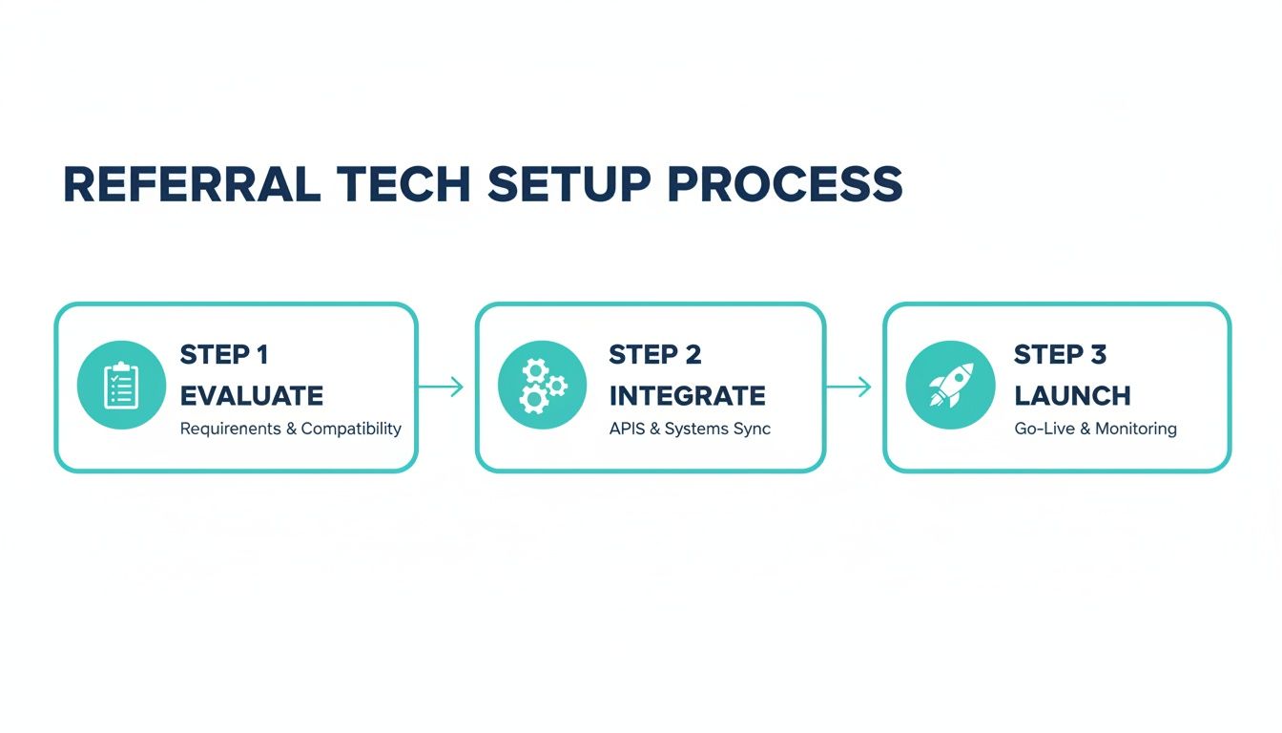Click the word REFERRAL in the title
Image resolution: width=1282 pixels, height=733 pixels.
(x=191, y=184)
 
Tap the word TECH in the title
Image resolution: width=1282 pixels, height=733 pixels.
(x=404, y=184)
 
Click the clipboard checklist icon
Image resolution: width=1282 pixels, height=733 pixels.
(x=121, y=386)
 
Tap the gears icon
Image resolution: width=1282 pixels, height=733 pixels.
(x=542, y=386)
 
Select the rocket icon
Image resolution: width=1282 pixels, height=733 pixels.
(x=949, y=386)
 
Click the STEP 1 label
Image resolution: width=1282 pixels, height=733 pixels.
(x=224, y=355)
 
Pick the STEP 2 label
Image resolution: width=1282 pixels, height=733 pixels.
(x=654, y=355)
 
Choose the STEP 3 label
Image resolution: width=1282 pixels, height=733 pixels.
(x=1060, y=355)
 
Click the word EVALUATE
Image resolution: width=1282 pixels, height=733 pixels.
(x=252, y=395)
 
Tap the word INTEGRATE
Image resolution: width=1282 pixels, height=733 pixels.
(x=687, y=395)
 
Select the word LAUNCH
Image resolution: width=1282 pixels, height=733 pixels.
(x=1072, y=395)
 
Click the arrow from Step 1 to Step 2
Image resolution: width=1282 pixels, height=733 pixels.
(x=441, y=387)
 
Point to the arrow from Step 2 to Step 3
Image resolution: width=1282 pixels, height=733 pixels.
(x=848, y=387)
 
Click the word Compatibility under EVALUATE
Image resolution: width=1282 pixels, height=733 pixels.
(x=351, y=429)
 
